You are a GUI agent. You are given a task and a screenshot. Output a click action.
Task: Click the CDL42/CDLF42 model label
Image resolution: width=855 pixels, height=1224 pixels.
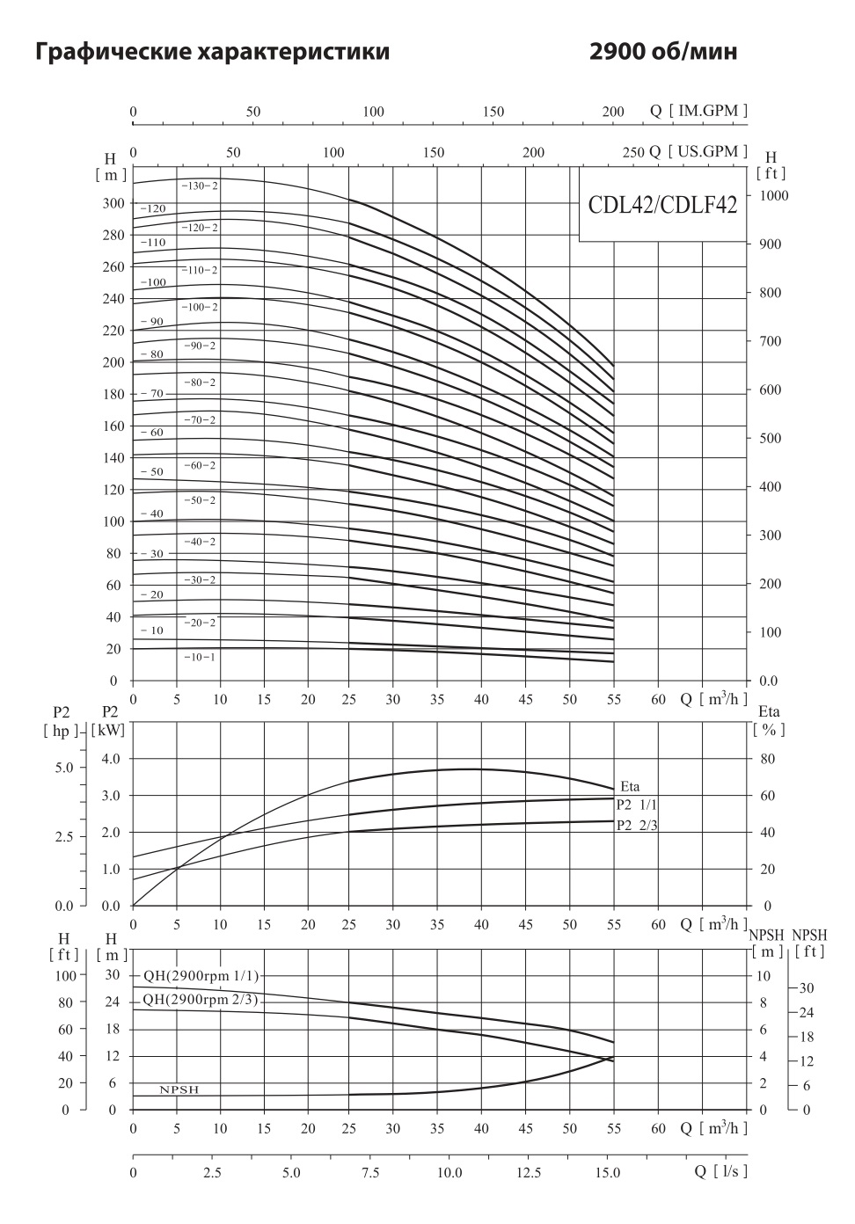pyautogui.click(x=661, y=206)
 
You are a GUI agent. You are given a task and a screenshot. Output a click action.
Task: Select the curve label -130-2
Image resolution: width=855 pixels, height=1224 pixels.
pyautogui.click(x=200, y=186)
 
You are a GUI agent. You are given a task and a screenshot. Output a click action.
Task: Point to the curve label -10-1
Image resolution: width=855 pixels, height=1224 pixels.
pyautogui.click(x=200, y=657)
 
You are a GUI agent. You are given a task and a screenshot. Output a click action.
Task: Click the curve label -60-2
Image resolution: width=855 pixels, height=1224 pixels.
pyautogui.click(x=200, y=465)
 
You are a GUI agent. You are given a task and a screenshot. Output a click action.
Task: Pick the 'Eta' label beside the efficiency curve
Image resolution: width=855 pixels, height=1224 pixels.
pyautogui.click(x=630, y=786)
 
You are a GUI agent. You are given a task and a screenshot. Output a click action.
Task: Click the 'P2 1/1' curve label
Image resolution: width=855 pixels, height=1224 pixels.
pyautogui.click(x=637, y=804)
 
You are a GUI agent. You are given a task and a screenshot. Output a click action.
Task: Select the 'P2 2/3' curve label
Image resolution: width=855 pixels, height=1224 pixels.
pyautogui.click(x=637, y=825)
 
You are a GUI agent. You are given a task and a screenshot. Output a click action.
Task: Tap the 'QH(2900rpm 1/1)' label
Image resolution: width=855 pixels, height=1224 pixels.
pyautogui.click(x=201, y=975)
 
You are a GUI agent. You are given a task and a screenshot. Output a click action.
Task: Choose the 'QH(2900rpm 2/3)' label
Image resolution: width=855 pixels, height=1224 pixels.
pyautogui.click(x=201, y=999)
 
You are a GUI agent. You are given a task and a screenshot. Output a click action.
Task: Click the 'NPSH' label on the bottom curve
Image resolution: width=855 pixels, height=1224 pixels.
pyautogui.click(x=179, y=1090)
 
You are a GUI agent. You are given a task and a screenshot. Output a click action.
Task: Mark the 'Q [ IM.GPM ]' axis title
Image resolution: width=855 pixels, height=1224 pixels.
pyautogui.click(x=699, y=111)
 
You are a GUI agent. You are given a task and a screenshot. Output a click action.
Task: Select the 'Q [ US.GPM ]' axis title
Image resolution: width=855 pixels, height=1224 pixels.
pyautogui.click(x=699, y=151)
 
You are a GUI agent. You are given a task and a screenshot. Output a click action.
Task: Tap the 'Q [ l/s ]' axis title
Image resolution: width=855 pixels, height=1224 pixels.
pyautogui.click(x=720, y=1171)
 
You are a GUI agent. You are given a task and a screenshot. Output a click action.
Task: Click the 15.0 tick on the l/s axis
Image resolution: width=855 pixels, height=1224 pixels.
pyautogui.click(x=608, y=1172)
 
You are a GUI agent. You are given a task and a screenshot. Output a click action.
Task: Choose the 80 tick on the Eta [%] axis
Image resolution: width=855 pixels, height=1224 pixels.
pyautogui.click(x=767, y=758)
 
